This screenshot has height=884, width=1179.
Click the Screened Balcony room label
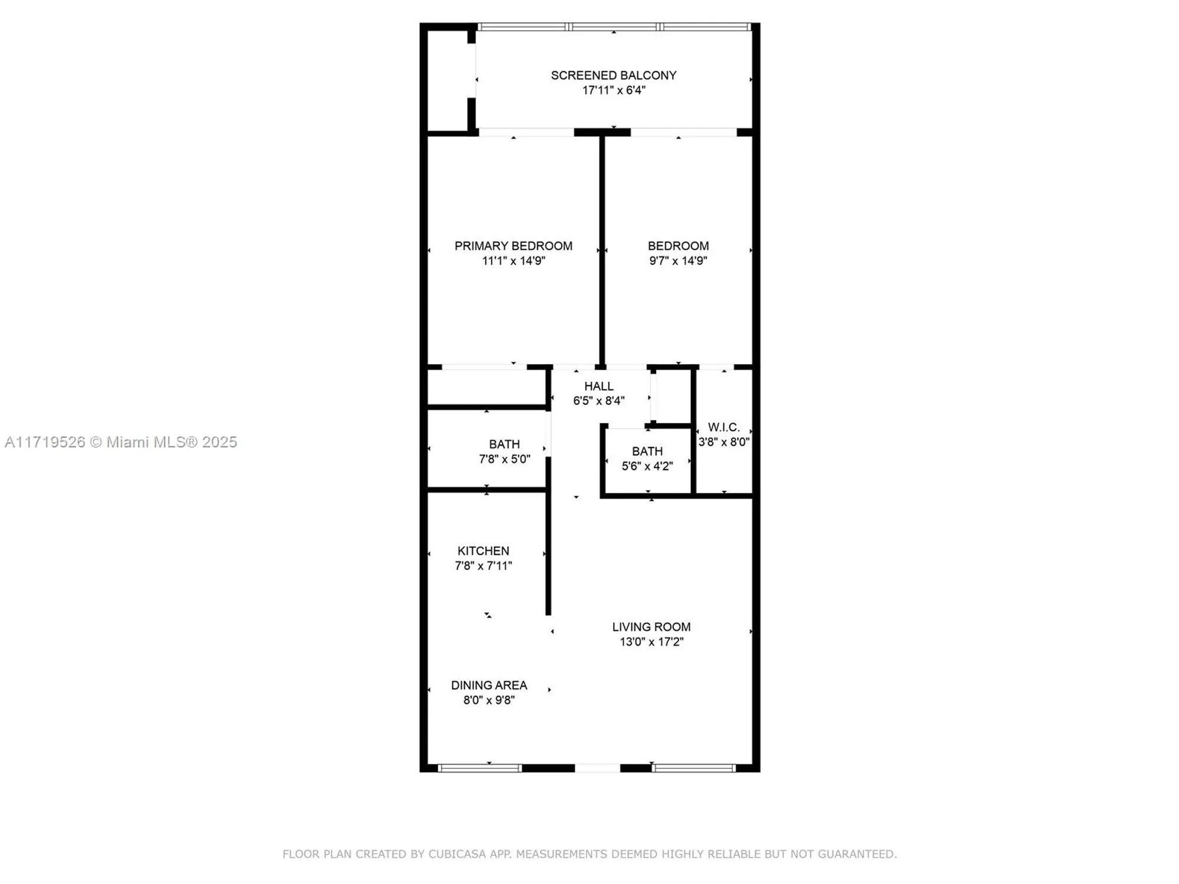613,75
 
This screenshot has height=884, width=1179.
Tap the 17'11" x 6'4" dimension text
613,90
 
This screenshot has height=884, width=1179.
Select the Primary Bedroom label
513,246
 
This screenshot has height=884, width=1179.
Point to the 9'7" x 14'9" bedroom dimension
678,260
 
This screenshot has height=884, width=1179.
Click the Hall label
598,386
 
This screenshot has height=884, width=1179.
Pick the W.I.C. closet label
723,427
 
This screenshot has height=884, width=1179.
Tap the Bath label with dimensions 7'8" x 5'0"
504,444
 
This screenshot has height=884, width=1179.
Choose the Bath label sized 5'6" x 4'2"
647,451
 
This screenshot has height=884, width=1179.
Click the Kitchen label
483,550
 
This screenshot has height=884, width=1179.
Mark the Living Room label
651,626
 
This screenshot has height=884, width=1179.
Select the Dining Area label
489,685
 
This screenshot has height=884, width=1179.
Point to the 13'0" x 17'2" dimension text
651,641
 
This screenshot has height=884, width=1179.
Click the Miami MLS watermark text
120,442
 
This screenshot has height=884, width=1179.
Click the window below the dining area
480,768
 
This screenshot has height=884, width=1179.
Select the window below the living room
694,768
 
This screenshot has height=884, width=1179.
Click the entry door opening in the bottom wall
597,768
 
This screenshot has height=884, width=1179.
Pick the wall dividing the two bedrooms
602,250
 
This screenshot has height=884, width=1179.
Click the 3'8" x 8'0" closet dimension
723,441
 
